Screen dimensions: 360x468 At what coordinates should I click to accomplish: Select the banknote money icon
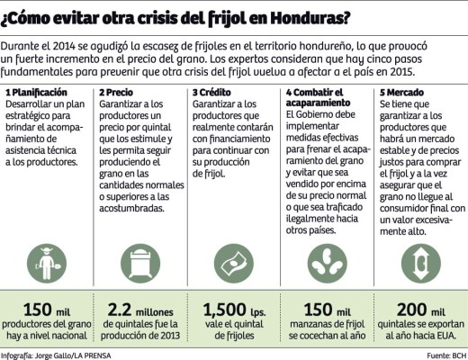(x=232, y=264)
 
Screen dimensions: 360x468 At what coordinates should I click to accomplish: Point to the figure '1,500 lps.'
(x=231, y=309)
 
